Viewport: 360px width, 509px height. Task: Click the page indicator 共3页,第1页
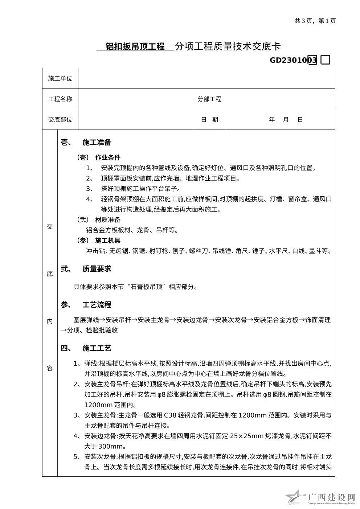pyautogui.click(x=315, y=21)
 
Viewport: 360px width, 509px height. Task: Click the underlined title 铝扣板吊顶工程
pyautogui.click(x=135, y=46)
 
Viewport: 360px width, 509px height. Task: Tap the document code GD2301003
pyautogui.click(x=293, y=60)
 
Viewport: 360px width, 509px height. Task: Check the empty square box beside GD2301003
pyautogui.click(x=326, y=60)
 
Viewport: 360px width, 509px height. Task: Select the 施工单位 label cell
pyautogui.click(x=60, y=78)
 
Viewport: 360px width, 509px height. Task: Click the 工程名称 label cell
pyautogui.click(x=60, y=99)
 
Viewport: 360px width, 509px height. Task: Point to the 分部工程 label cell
pyautogui.click(x=209, y=99)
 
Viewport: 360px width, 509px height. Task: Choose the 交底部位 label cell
pyautogui.click(x=60, y=120)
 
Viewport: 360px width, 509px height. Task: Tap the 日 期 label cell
pyautogui.click(x=209, y=120)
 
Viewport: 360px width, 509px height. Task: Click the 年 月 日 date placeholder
pyautogui.click(x=286, y=120)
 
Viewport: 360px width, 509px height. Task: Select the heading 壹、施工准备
pyautogui.click(x=86, y=143)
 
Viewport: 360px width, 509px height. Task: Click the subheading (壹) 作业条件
pyautogui.click(x=98, y=157)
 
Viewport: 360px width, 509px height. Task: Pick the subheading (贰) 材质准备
pyautogui.click(x=98, y=219)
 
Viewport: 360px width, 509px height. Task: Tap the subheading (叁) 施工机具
pyautogui.click(x=98, y=240)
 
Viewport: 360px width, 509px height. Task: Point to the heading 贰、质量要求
pyautogui.click(x=86, y=269)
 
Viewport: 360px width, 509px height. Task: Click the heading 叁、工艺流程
pyautogui.click(x=86, y=305)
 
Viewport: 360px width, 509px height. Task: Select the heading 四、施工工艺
pyautogui.click(x=86, y=349)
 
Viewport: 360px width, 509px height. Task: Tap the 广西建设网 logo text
pyautogui.click(x=331, y=497)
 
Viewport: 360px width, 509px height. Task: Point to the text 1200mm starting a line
pyautogui.click(x=97, y=405)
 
